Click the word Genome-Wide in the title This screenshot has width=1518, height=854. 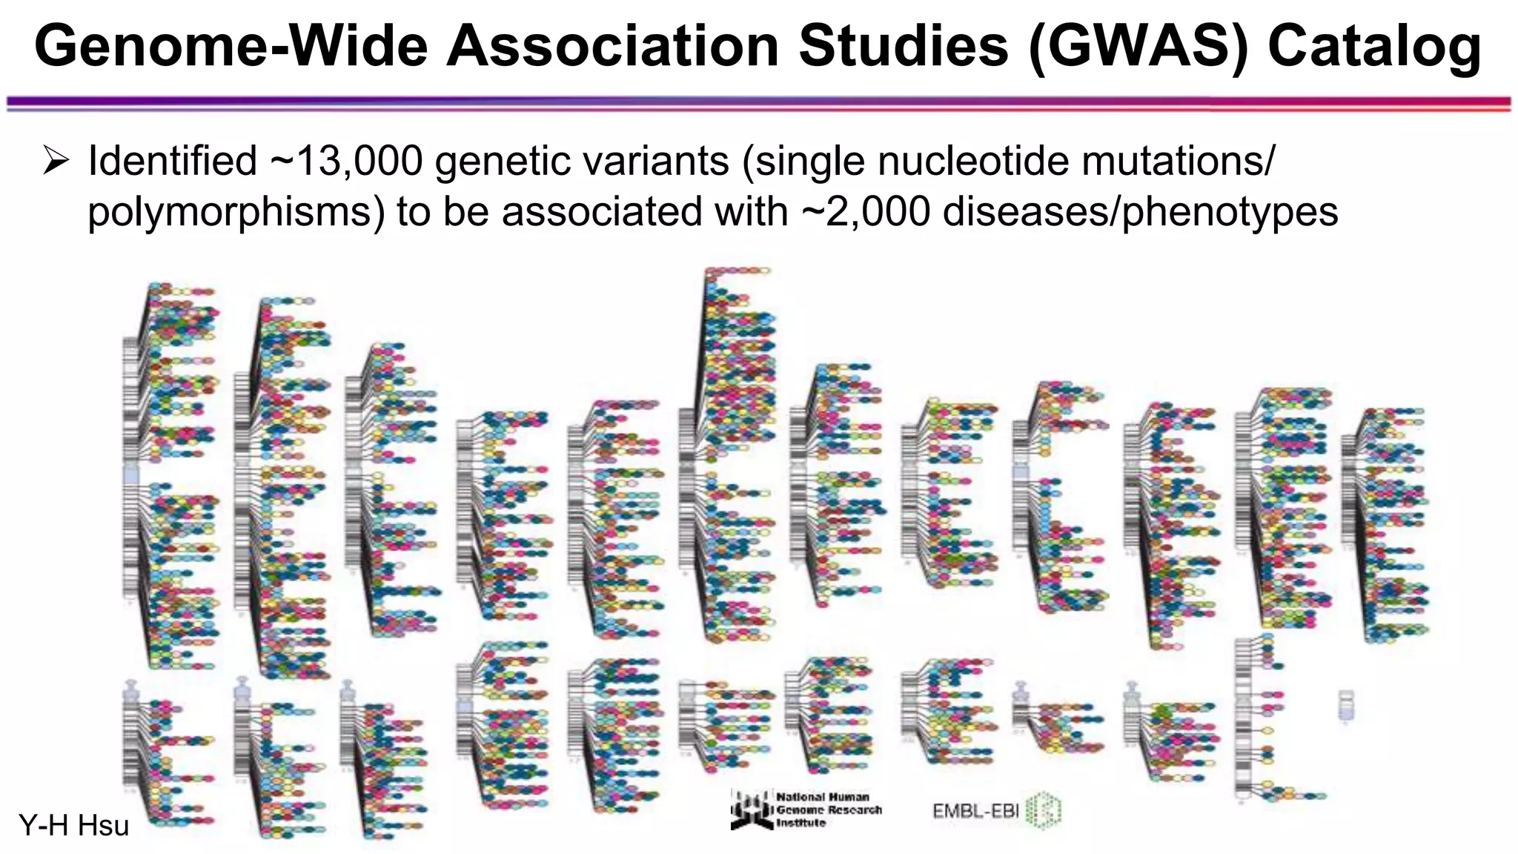231,46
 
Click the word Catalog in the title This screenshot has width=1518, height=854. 1374,46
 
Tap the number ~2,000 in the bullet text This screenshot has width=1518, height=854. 866,211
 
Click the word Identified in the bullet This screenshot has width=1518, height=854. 172,161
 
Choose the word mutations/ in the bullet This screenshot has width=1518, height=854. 1178,161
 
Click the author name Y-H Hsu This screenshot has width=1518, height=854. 73,825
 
